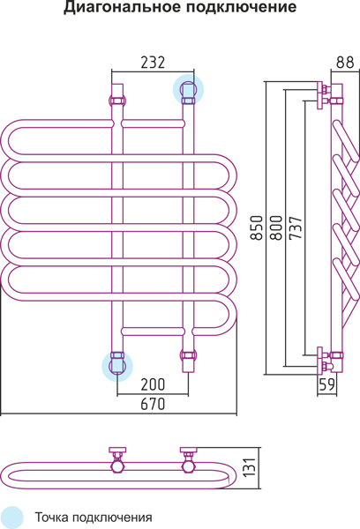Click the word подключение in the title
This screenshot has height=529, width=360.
[x=241, y=7]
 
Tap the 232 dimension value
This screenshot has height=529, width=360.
[x=153, y=63]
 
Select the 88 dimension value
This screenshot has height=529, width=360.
[x=345, y=62]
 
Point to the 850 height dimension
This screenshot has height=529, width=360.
[x=257, y=227]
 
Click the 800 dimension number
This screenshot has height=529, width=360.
[x=276, y=227]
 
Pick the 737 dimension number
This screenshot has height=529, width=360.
[x=296, y=227]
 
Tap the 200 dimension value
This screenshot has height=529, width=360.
[x=153, y=384]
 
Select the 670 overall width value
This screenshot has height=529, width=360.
[x=153, y=404]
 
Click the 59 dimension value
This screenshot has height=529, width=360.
[x=326, y=384]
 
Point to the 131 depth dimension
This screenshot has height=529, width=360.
[x=250, y=467]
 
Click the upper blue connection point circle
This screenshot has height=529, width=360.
[x=189, y=89]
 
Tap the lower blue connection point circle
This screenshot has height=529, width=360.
[x=117, y=366]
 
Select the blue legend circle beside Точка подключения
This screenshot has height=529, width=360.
[x=11, y=518]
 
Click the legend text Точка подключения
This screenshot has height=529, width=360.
[x=94, y=518]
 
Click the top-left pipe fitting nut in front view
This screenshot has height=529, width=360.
[x=117, y=101]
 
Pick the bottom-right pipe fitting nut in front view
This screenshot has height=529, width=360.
[x=189, y=355]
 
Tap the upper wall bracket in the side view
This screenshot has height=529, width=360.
[x=321, y=95]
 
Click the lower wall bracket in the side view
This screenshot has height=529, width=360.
[x=321, y=361]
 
